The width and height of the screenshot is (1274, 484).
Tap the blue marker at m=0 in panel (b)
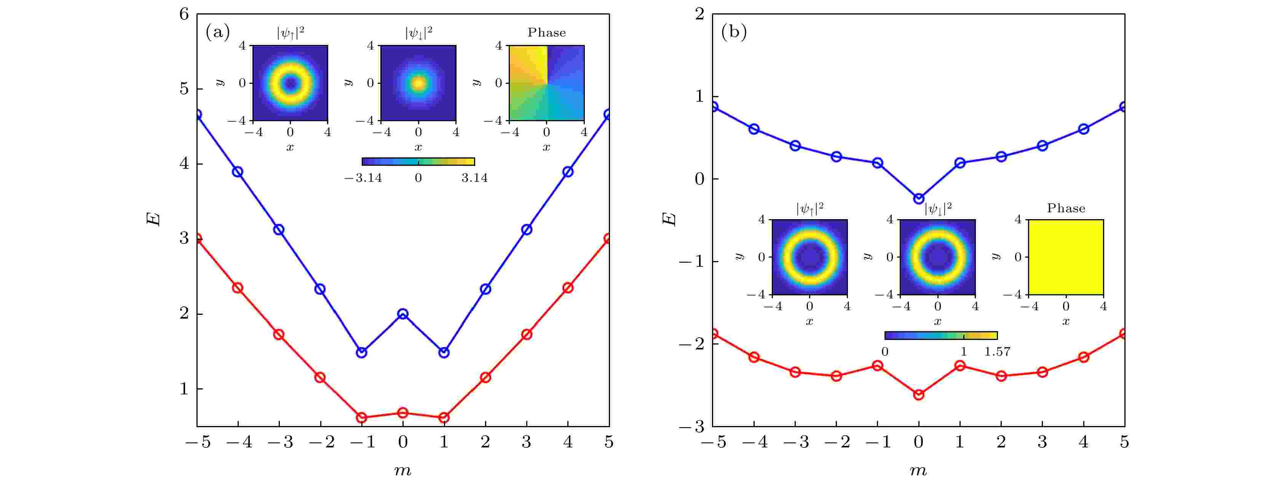[x=918, y=199]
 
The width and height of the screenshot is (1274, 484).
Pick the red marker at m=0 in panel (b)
[x=918, y=394]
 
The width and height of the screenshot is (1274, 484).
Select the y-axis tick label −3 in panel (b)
[x=692, y=426]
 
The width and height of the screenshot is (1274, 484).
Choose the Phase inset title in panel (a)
[x=546, y=33]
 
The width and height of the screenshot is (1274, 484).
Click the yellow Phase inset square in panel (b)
[x=1066, y=257]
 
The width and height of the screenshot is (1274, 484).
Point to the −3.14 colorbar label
[x=364, y=178]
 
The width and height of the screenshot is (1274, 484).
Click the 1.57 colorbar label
[x=997, y=352]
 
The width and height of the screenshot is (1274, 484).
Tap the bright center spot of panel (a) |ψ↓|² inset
[x=418, y=83]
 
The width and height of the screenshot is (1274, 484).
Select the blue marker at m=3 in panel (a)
[x=527, y=230]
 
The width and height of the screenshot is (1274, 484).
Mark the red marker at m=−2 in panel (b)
[x=836, y=376]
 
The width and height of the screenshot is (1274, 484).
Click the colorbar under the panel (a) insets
[x=418, y=161]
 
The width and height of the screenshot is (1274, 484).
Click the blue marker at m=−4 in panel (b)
[x=754, y=129]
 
